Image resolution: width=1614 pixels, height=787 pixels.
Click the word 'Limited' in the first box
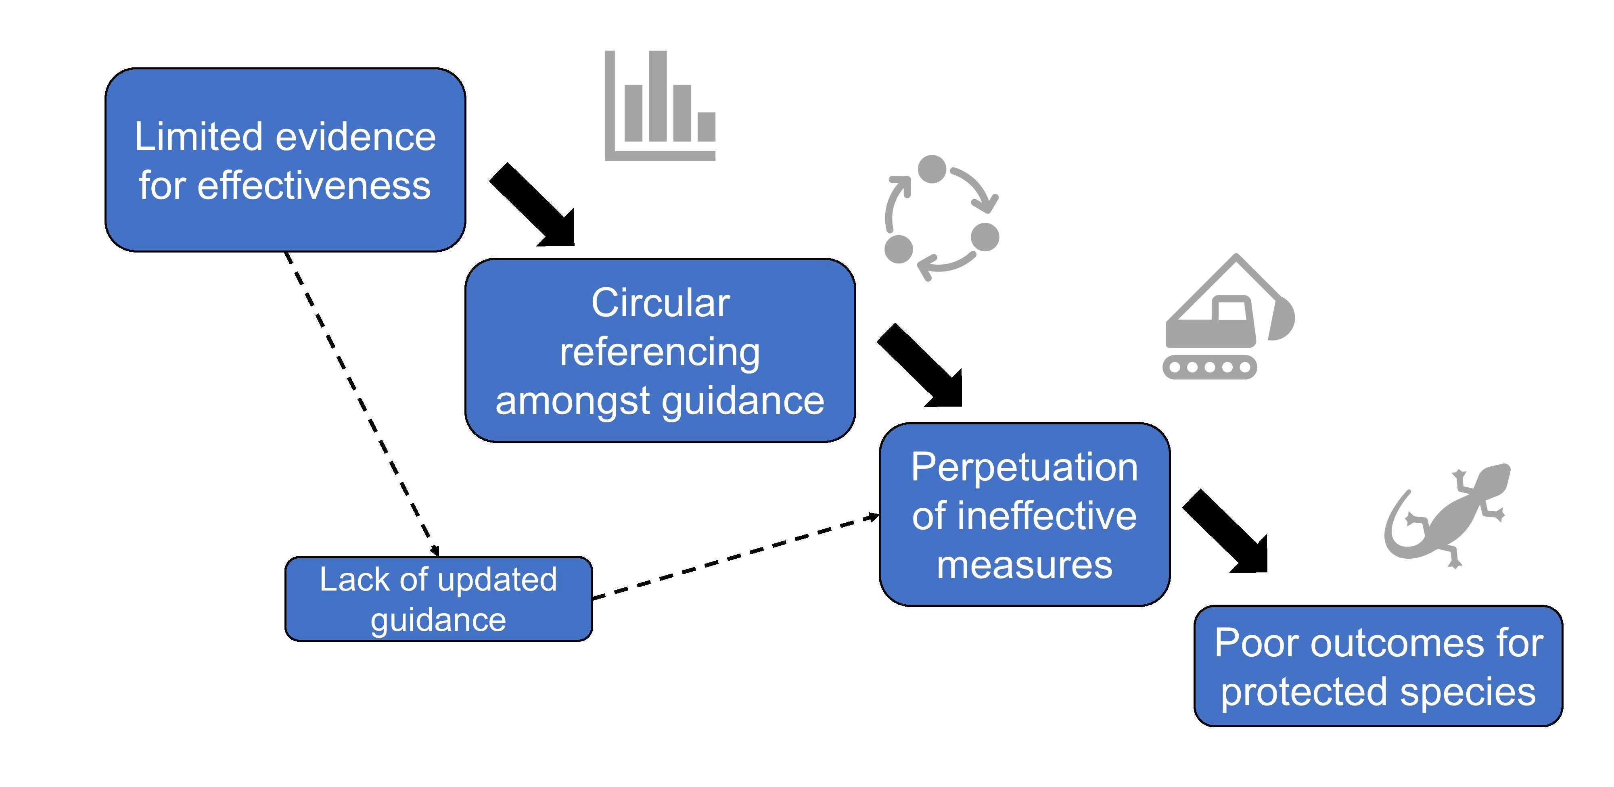pos(199,137)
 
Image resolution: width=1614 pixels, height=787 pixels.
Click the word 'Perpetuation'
pos(1024,468)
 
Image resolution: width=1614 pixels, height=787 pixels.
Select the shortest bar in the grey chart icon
pos(706,127)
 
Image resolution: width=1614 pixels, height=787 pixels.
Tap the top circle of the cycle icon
pos(932,169)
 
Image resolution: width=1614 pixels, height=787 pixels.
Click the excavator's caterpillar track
pos(1209,367)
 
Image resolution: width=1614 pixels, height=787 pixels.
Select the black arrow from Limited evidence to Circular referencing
pos(533,205)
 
